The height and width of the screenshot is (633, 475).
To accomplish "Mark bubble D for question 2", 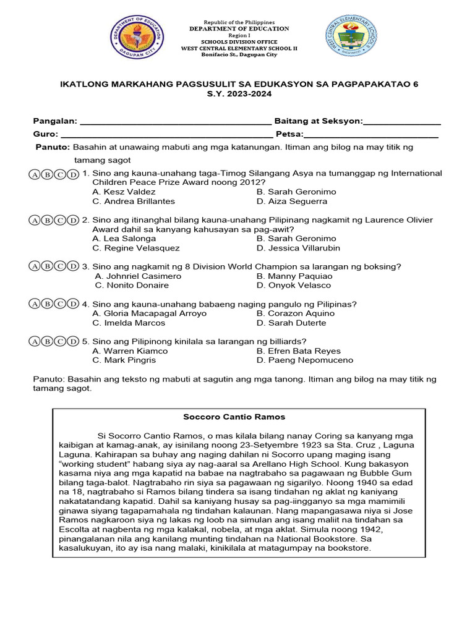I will coord(73,220).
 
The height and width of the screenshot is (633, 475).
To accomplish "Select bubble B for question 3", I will coord(48,266).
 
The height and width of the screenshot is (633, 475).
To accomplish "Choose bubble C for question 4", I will coord(61,304).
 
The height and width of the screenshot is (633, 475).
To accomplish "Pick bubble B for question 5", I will coord(48,341).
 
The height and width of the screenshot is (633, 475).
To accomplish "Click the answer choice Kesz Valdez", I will coord(115,192).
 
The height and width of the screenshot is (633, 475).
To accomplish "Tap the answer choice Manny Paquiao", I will coord(294,276).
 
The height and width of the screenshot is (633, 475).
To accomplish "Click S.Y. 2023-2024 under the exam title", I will coord(239,93).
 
